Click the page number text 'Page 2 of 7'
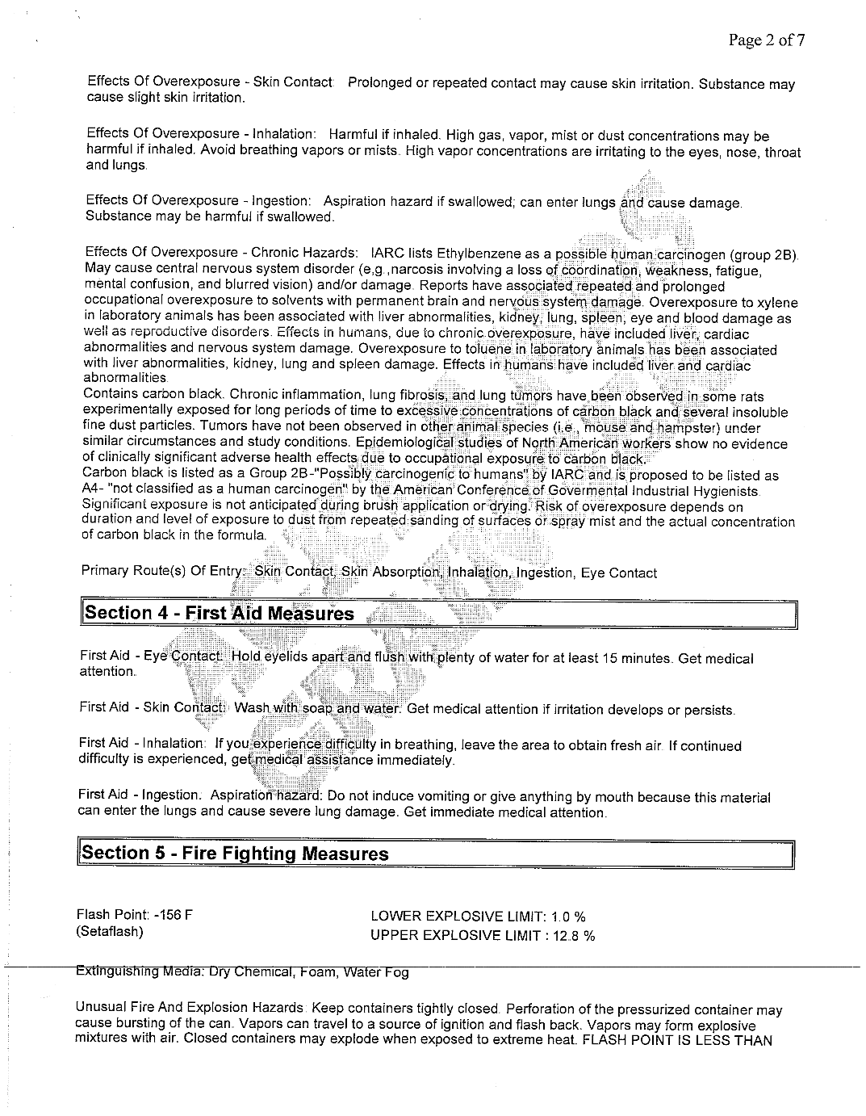click(766, 40)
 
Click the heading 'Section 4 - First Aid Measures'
click(219, 614)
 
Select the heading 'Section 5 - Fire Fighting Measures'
click(235, 854)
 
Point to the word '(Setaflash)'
click(110, 932)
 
